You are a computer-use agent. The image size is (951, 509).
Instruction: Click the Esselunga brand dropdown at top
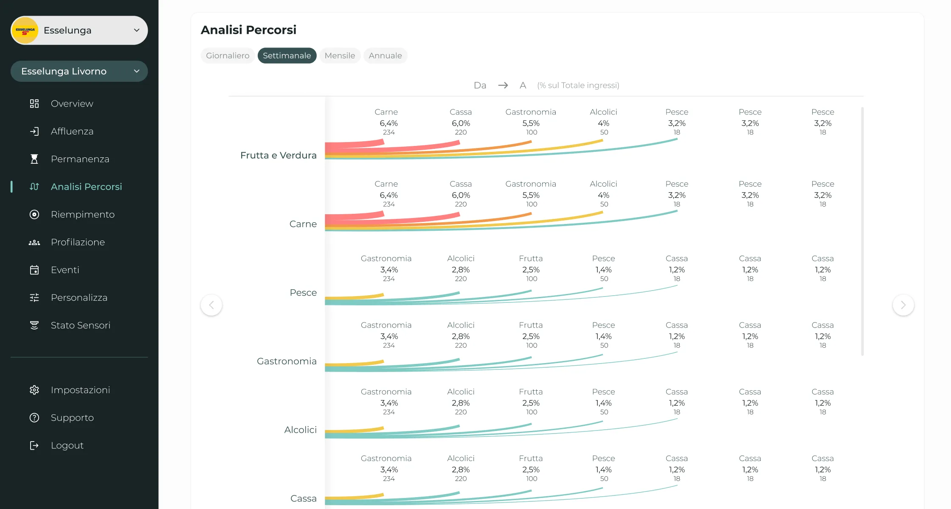click(x=79, y=31)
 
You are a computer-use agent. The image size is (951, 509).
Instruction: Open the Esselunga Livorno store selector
click(x=79, y=71)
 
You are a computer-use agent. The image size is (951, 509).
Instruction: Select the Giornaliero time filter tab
click(x=228, y=56)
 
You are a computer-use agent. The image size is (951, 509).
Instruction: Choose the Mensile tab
click(x=340, y=56)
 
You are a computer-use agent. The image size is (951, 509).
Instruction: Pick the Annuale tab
click(x=385, y=56)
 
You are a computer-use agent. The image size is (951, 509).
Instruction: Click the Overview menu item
click(x=72, y=103)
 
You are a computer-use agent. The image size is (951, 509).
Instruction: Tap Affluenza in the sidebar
click(x=72, y=131)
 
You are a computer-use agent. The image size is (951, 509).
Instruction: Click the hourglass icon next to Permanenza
click(x=34, y=159)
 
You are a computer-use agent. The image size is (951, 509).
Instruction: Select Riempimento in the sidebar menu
click(x=82, y=215)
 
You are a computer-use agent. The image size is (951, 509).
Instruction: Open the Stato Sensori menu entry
click(x=80, y=325)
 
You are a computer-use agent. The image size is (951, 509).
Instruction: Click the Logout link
click(x=67, y=445)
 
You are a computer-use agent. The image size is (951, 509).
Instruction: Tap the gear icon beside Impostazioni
click(x=34, y=390)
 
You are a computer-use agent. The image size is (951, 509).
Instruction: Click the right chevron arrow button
click(x=903, y=305)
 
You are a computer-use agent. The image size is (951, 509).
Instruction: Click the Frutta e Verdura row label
click(x=278, y=155)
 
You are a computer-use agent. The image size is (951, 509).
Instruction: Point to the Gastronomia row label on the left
click(x=287, y=361)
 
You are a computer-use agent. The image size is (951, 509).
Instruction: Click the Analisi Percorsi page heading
click(x=248, y=30)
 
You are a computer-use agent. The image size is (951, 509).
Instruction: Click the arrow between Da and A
click(x=503, y=85)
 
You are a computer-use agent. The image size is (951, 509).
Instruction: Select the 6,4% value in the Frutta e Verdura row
click(x=388, y=123)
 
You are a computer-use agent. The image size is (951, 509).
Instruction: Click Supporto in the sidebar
click(x=72, y=418)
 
